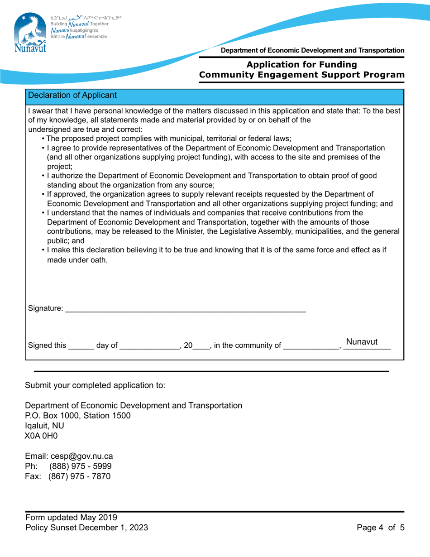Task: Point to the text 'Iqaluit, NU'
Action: pos(45,426)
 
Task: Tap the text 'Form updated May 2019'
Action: pos(72,517)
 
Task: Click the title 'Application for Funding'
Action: pos(301,65)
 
